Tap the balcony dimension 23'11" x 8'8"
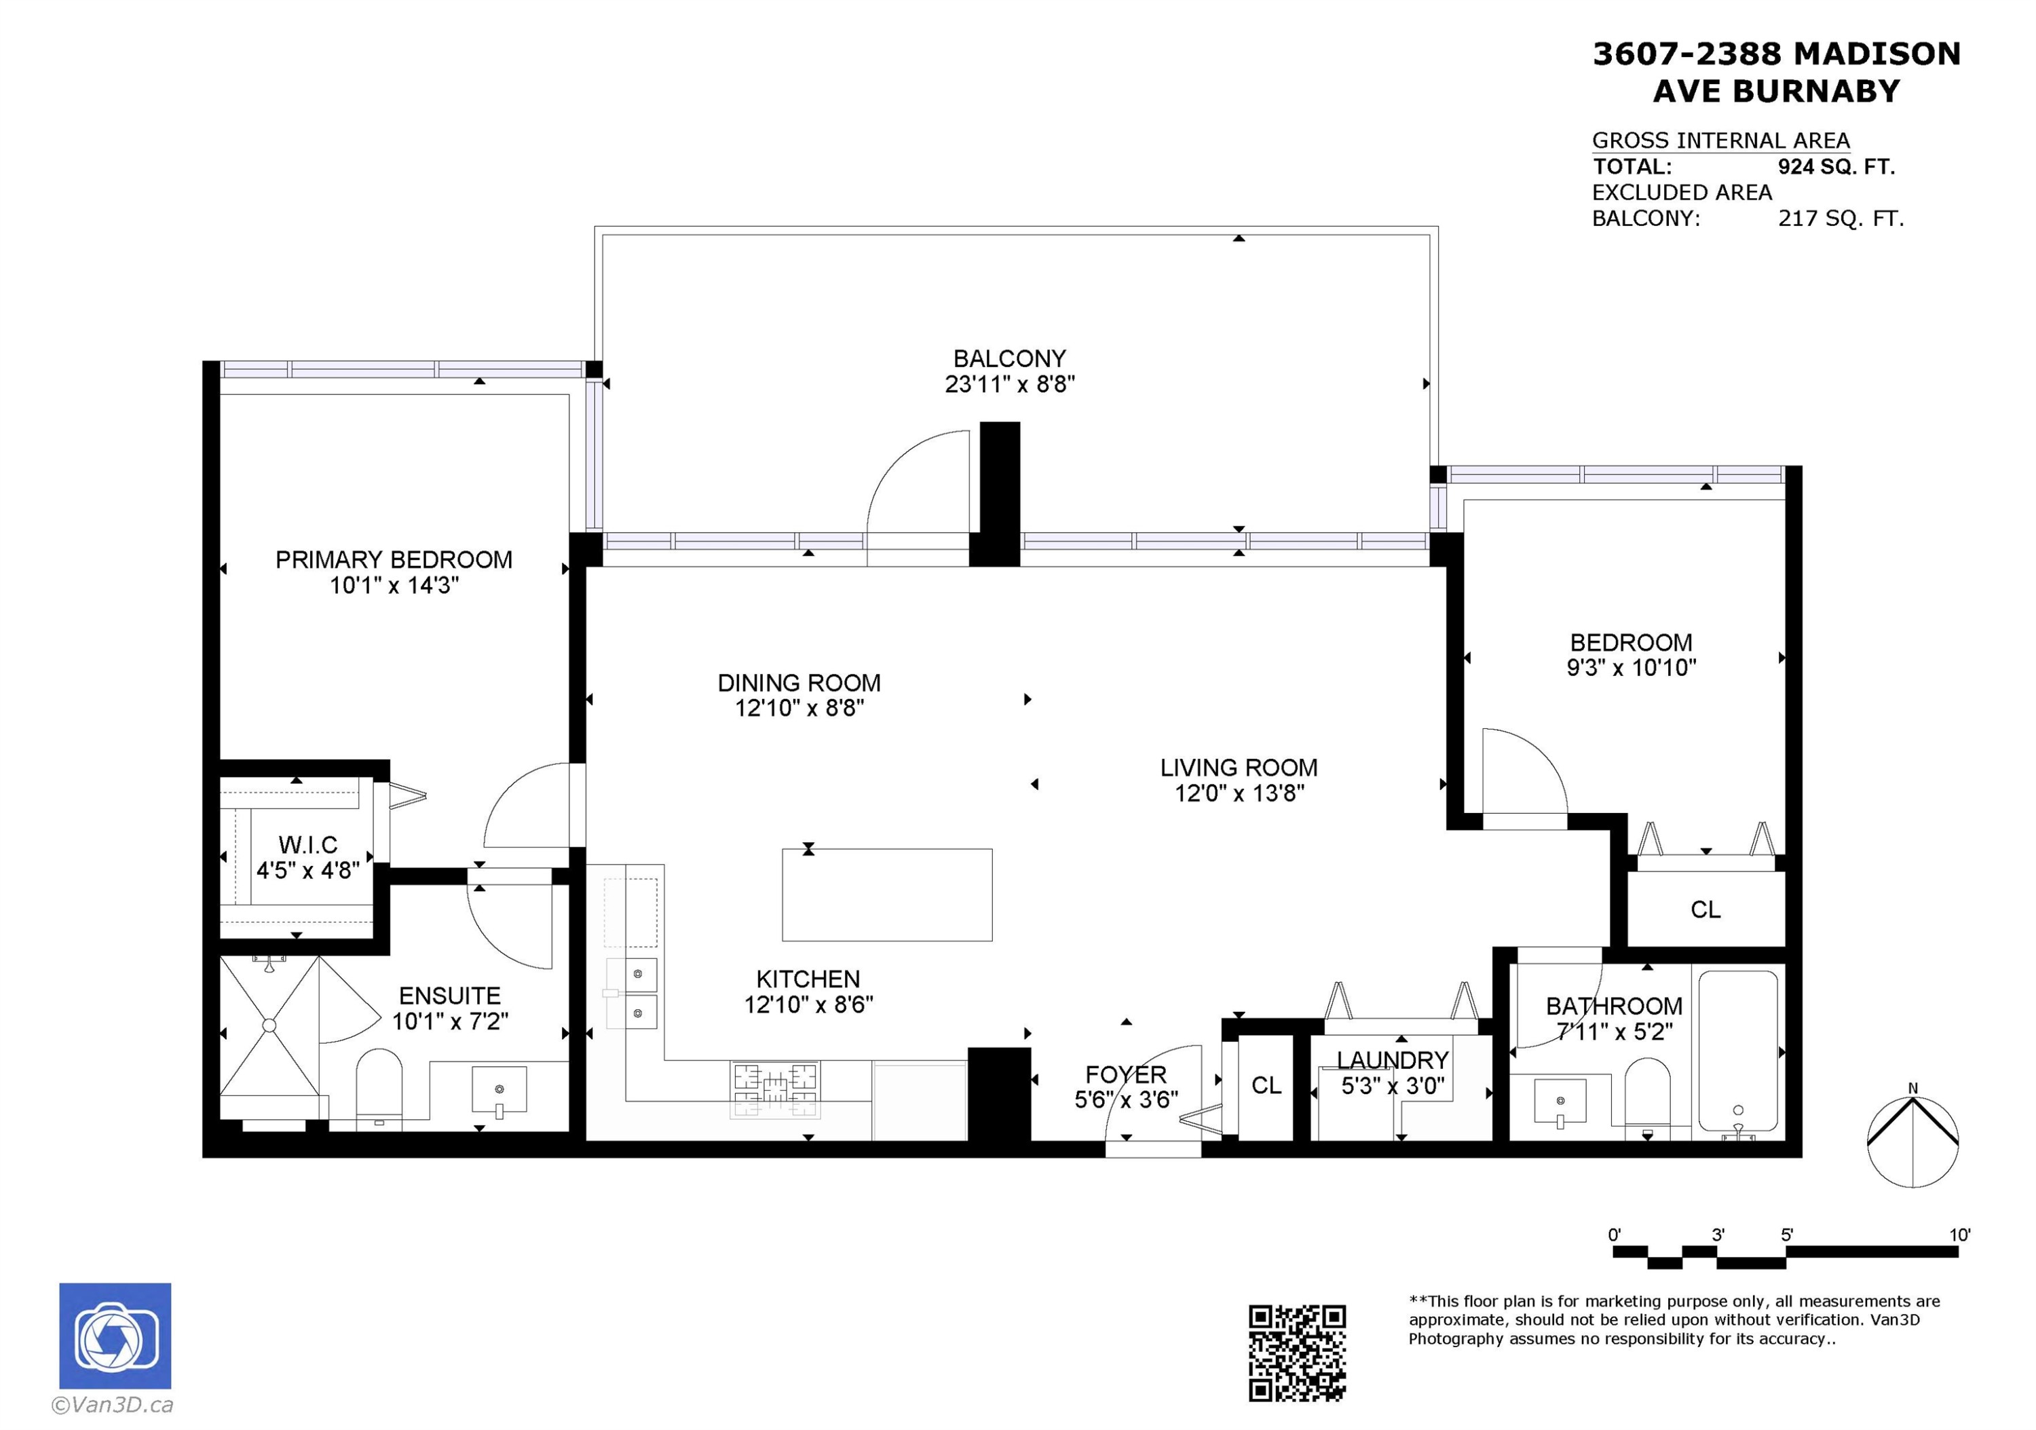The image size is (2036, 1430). pyautogui.click(x=1009, y=384)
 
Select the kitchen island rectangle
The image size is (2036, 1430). pyautogui.click(x=887, y=895)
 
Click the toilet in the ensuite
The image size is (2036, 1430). pyautogui.click(x=379, y=1089)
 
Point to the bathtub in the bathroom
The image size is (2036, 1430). pyautogui.click(x=1737, y=1053)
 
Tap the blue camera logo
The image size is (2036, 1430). pyautogui.click(x=115, y=1335)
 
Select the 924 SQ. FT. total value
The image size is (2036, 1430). pyautogui.click(x=1836, y=167)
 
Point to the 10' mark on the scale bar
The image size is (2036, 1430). pyautogui.click(x=1959, y=1235)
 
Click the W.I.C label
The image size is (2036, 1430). pyautogui.click(x=307, y=845)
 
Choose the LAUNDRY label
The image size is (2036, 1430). pyautogui.click(x=1392, y=1060)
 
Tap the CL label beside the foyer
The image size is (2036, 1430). pyautogui.click(x=1266, y=1085)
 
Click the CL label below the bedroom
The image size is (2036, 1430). pyautogui.click(x=1705, y=909)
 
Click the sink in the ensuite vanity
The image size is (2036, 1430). pyautogui.click(x=499, y=1089)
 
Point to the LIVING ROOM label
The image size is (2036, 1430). pyautogui.click(x=1239, y=768)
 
